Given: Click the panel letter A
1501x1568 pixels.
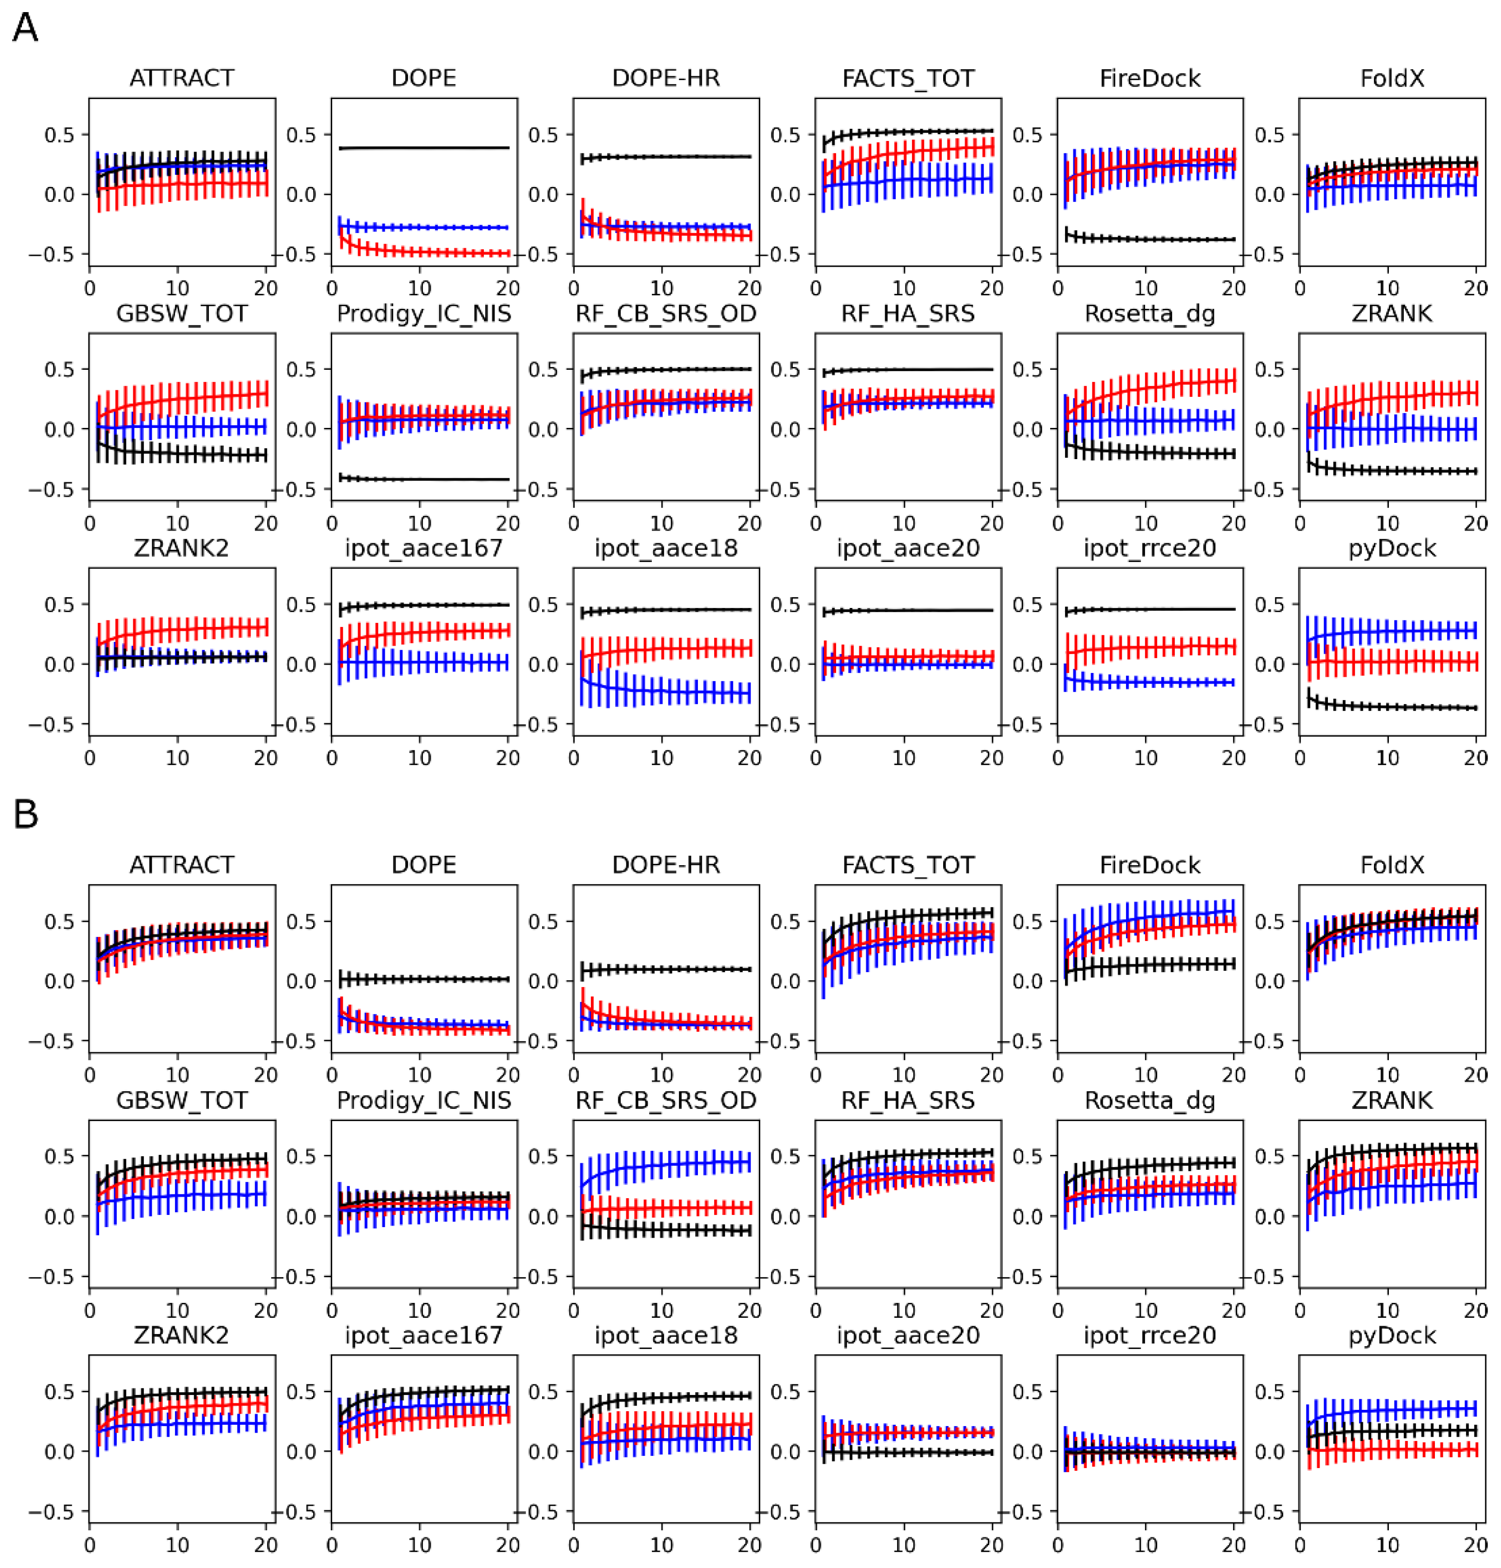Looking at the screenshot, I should pyautogui.click(x=26, y=29).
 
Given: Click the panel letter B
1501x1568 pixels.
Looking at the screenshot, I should pyautogui.click(x=26, y=814).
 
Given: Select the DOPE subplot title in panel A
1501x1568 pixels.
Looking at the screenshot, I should pyautogui.click(x=423, y=79).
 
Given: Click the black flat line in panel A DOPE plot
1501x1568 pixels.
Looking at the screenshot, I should pyautogui.click(x=424, y=148).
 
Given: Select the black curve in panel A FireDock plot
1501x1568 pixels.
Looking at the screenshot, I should pyautogui.click(x=1152, y=239).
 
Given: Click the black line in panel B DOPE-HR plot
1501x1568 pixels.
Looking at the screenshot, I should pyautogui.click(x=664, y=970).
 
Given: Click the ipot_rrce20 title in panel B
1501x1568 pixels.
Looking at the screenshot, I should pyautogui.click(x=1150, y=1335).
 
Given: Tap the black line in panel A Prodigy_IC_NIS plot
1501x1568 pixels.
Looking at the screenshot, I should pyautogui.click(x=424, y=479).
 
